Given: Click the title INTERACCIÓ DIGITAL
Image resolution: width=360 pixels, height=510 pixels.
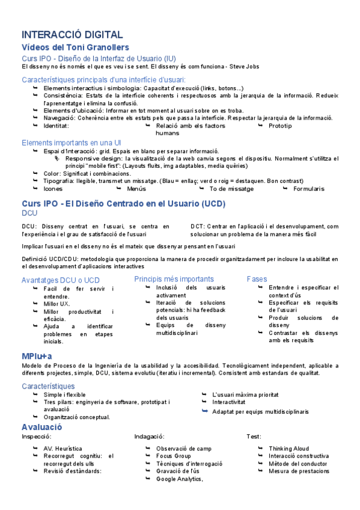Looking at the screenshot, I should point(72,35).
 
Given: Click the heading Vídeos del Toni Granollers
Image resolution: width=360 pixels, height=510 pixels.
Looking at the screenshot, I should point(75,48).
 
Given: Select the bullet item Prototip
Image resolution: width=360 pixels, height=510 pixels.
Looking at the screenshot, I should point(280,126).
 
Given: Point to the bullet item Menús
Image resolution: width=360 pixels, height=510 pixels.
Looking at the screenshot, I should point(137,188).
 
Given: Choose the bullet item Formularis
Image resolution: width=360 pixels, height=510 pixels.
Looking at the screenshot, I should point(308,188).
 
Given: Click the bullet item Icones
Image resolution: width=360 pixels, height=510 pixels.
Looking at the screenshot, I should point(53,188).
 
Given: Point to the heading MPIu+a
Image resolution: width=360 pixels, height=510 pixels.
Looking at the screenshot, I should point(37,357).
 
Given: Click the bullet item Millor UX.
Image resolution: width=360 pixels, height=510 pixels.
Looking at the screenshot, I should point(57,304).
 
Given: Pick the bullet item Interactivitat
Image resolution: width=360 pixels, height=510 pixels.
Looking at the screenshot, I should point(229,402).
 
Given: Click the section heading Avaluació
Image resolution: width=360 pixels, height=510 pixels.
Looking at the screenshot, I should point(42,427).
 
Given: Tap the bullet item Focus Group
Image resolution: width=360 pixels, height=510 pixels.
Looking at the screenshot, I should point(174,456).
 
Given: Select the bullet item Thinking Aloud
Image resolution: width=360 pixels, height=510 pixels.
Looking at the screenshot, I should point(289,448).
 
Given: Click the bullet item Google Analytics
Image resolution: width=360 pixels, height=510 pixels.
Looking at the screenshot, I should point(180,479).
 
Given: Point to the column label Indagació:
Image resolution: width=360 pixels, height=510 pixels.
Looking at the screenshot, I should point(149,436).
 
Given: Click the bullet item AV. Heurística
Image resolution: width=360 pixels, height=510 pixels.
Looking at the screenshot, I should point(63,448).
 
